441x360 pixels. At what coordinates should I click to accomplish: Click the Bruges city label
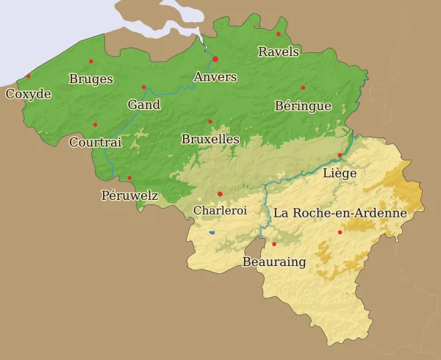pos(90,79)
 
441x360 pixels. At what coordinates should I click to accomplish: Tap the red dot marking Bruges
pos(91,61)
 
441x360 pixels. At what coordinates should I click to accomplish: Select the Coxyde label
pos(28,94)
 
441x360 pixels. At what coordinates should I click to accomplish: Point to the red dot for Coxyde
pos(29,76)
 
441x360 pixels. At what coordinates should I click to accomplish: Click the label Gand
pos(144,105)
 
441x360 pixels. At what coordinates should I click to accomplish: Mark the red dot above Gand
pos(143,87)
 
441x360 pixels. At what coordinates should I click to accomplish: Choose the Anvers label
pos(215,77)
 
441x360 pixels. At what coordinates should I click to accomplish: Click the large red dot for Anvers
pos(215,59)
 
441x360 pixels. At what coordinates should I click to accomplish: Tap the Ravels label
pos(279,51)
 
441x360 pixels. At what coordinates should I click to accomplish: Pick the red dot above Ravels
pos(279,34)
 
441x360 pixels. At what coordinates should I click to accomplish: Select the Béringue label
pos(303,106)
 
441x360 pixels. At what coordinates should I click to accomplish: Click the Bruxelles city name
pos(210,139)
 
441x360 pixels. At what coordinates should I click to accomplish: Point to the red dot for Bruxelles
pos(210,121)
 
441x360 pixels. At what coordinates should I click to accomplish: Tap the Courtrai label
pos(95,143)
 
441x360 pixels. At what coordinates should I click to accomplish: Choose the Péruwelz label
pos(129,195)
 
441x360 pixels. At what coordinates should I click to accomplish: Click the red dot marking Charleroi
pos(220,194)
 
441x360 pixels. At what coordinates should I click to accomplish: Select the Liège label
pos(340,173)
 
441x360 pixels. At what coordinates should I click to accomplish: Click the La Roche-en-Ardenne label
pos(340,213)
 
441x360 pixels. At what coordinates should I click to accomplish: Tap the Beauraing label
pos(274,262)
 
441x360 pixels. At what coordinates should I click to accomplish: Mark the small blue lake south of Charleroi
pos(212,233)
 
